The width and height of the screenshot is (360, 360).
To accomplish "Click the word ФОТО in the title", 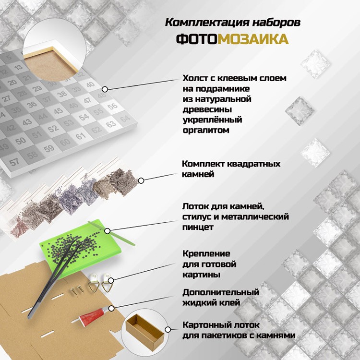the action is (x=196, y=39).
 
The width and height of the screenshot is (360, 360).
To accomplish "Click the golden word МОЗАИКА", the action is (x=253, y=39).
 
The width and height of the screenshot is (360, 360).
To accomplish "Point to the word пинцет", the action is (x=198, y=228).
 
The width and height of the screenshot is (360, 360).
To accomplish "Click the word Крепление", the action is (x=206, y=254).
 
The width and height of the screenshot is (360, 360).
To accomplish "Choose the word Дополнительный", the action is (x=221, y=292).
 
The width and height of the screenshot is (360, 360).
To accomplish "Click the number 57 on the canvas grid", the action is (x=14, y=162).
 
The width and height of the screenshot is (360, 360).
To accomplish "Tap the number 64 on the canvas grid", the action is (x=125, y=119).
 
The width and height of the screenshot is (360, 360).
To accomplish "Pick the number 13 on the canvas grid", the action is (x=18, y=67).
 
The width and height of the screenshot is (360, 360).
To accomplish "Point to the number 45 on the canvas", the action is (x=58, y=111).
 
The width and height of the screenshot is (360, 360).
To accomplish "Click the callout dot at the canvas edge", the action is (x=105, y=89).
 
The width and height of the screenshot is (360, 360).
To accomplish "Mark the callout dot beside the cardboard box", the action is (x=168, y=330).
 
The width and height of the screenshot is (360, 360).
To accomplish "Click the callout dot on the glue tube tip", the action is (x=111, y=308).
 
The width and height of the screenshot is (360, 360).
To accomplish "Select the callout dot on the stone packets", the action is (x=141, y=180).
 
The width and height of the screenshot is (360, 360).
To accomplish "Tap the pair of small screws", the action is (x=77, y=289).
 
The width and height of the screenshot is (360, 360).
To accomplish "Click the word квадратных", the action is (x=253, y=164).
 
